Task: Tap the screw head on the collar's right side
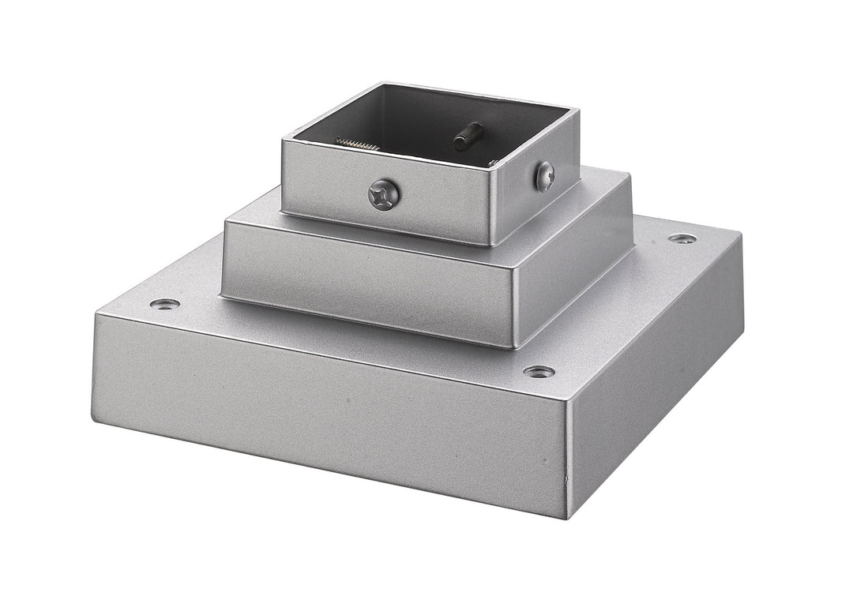[545, 175]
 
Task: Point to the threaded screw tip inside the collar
[469, 135]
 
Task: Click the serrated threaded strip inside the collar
[360, 144]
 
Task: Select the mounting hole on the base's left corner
[163, 304]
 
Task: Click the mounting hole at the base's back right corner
[682, 238]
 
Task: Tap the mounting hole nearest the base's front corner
[539, 371]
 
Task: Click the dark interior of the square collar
[411, 118]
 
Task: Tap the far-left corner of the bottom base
[96, 315]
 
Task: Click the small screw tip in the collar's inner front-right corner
[492, 163]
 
